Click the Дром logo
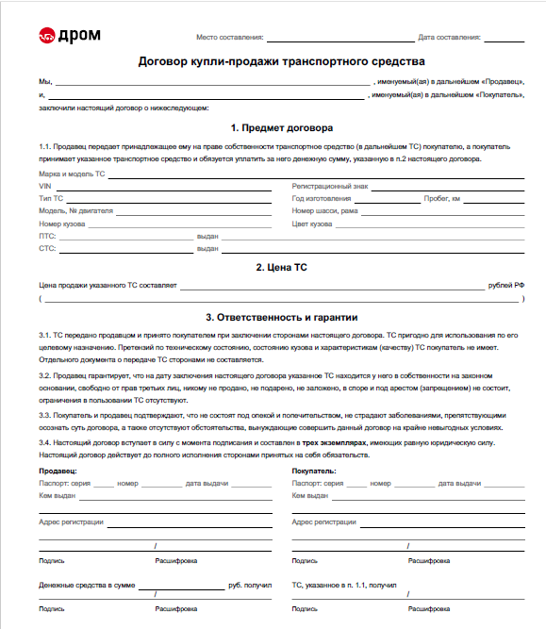(69, 36)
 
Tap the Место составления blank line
(339, 41)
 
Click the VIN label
(44, 187)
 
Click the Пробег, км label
(441, 199)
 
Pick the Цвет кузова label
(312, 223)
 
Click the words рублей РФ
(506, 285)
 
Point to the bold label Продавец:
(58, 470)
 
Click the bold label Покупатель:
(315, 470)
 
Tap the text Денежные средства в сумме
(87, 586)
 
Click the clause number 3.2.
(44, 376)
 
